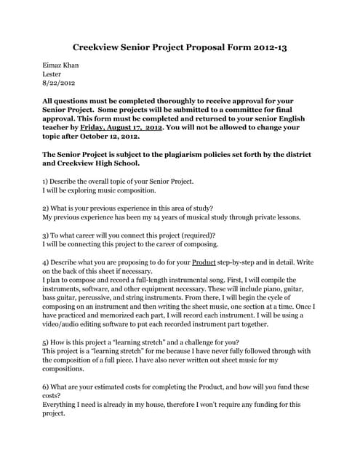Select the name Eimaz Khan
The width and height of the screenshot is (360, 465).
coord(61,65)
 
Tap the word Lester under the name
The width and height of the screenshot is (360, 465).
coord(52,74)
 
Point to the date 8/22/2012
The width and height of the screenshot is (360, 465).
coord(60,84)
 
